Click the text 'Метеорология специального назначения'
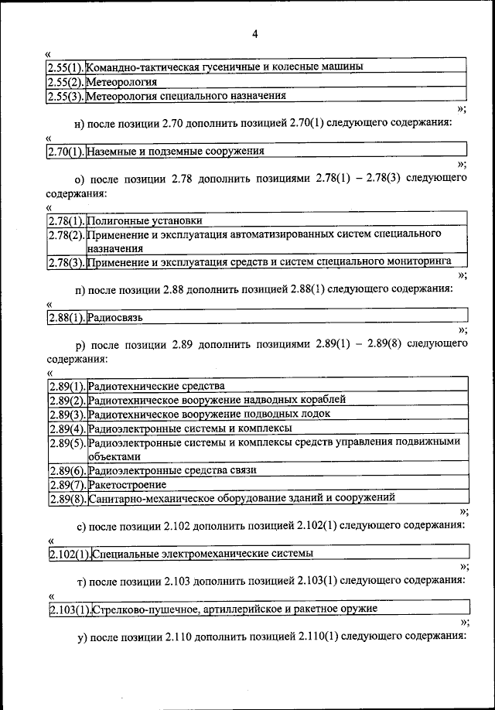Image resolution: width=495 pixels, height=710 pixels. coord(186,96)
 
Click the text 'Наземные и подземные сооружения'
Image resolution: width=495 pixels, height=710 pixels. coord(176,151)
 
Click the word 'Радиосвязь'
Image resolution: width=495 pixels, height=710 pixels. coord(115,317)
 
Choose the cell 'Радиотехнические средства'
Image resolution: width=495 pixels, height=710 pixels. coord(156,385)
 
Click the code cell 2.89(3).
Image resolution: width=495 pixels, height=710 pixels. coord(67,414)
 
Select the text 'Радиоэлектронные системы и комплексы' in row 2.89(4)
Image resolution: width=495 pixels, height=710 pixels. coord(189,428)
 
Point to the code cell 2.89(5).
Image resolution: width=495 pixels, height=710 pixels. coord(67,442)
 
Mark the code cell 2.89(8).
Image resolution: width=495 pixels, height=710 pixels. coord(67,498)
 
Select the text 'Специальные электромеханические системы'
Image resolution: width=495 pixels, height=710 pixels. coord(203,554)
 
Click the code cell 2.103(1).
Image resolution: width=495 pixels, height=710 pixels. coord(70,609)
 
